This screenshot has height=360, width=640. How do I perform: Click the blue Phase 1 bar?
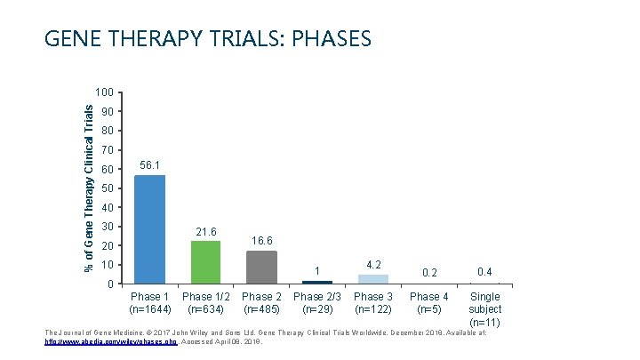149,229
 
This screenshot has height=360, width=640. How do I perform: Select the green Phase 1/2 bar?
205,262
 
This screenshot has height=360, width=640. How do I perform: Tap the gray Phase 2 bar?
261,267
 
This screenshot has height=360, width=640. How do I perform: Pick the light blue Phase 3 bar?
373,279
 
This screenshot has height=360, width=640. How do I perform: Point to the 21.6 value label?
205,231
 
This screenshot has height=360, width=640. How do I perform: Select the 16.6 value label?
262,241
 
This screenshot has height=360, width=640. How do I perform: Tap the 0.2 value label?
429,272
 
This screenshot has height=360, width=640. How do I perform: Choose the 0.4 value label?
484,271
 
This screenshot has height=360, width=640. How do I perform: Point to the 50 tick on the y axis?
107,188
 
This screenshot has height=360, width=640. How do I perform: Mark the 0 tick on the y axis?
109,284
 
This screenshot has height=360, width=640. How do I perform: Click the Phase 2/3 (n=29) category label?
317,303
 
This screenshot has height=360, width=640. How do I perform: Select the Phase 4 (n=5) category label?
429,303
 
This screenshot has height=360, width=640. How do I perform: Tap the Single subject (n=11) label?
484,308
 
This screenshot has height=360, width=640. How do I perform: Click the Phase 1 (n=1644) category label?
149,303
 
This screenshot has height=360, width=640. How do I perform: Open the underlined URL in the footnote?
111,340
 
